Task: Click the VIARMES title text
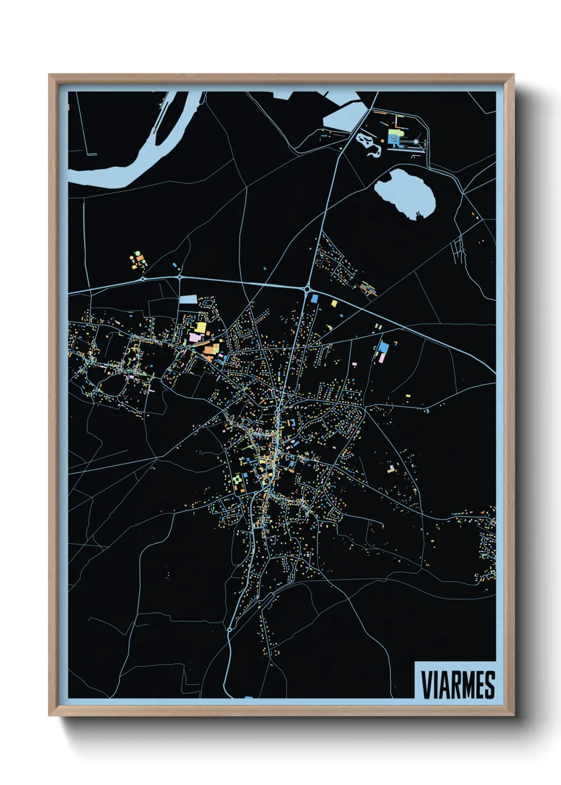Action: click(458, 685)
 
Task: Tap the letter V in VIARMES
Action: click(426, 685)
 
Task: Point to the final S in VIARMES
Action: click(489, 685)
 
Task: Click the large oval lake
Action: click(405, 193)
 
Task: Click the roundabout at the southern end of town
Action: click(229, 629)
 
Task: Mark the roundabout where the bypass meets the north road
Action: click(307, 289)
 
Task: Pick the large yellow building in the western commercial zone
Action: click(201, 327)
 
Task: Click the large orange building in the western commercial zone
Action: click(211, 349)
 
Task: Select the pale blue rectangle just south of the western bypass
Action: click(188, 300)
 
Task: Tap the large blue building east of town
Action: click(383, 347)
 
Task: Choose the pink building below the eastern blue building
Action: click(381, 358)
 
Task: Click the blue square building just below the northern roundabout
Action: click(314, 299)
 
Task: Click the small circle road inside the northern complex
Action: click(416, 142)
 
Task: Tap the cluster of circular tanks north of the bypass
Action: click(138, 260)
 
